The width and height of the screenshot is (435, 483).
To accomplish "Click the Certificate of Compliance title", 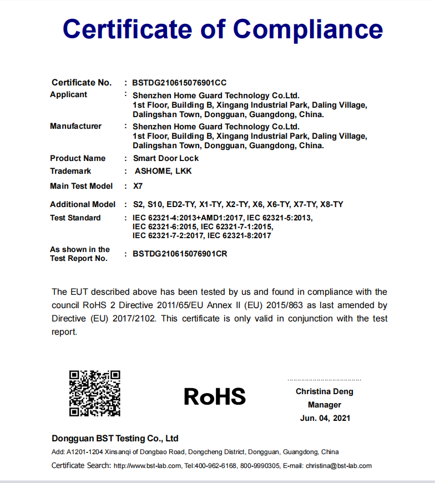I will [x=222, y=28].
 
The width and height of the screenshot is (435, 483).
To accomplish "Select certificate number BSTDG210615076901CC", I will [x=179, y=83].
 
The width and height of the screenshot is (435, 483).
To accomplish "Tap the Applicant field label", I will [x=69, y=94].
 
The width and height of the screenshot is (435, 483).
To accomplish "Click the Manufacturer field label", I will [x=76, y=126].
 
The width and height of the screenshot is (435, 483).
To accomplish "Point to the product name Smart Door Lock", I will [x=165, y=158].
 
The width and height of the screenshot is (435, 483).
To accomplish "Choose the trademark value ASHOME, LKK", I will [x=163, y=171].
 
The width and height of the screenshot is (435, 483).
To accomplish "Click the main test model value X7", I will [x=138, y=186].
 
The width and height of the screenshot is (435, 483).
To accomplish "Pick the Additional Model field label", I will [x=83, y=204].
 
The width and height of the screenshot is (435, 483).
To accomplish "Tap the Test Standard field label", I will [x=75, y=218].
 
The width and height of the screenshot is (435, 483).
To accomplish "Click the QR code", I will [x=95, y=394].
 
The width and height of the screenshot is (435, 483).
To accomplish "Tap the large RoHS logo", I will [x=215, y=396].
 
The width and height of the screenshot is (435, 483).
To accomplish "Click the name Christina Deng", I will [x=325, y=391].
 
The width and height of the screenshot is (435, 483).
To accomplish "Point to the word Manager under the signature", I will [x=325, y=405].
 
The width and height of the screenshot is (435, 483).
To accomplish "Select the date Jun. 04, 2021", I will [x=325, y=418].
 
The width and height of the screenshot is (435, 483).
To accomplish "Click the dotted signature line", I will [x=324, y=380].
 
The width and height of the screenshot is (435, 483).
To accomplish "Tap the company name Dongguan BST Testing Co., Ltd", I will [x=115, y=439].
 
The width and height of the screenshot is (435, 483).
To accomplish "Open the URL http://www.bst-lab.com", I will [x=148, y=466].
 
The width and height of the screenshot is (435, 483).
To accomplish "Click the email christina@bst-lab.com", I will [x=338, y=466].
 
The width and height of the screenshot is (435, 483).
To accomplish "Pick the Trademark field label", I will [x=70, y=171].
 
